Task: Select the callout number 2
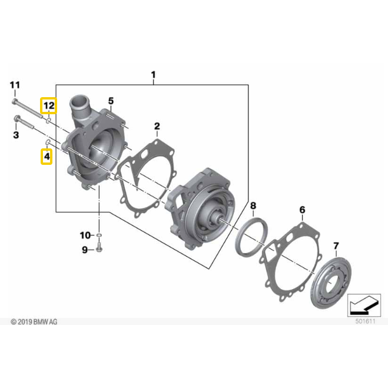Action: click(157, 126)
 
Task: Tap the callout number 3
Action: click(16, 135)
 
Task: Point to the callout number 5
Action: click(111, 101)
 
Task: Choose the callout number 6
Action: click(302, 210)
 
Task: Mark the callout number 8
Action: click(253, 205)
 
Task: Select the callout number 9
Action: click(84, 250)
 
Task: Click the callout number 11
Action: click(15, 85)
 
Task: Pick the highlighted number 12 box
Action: click(48, 106)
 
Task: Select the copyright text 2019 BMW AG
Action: click(34, 321)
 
